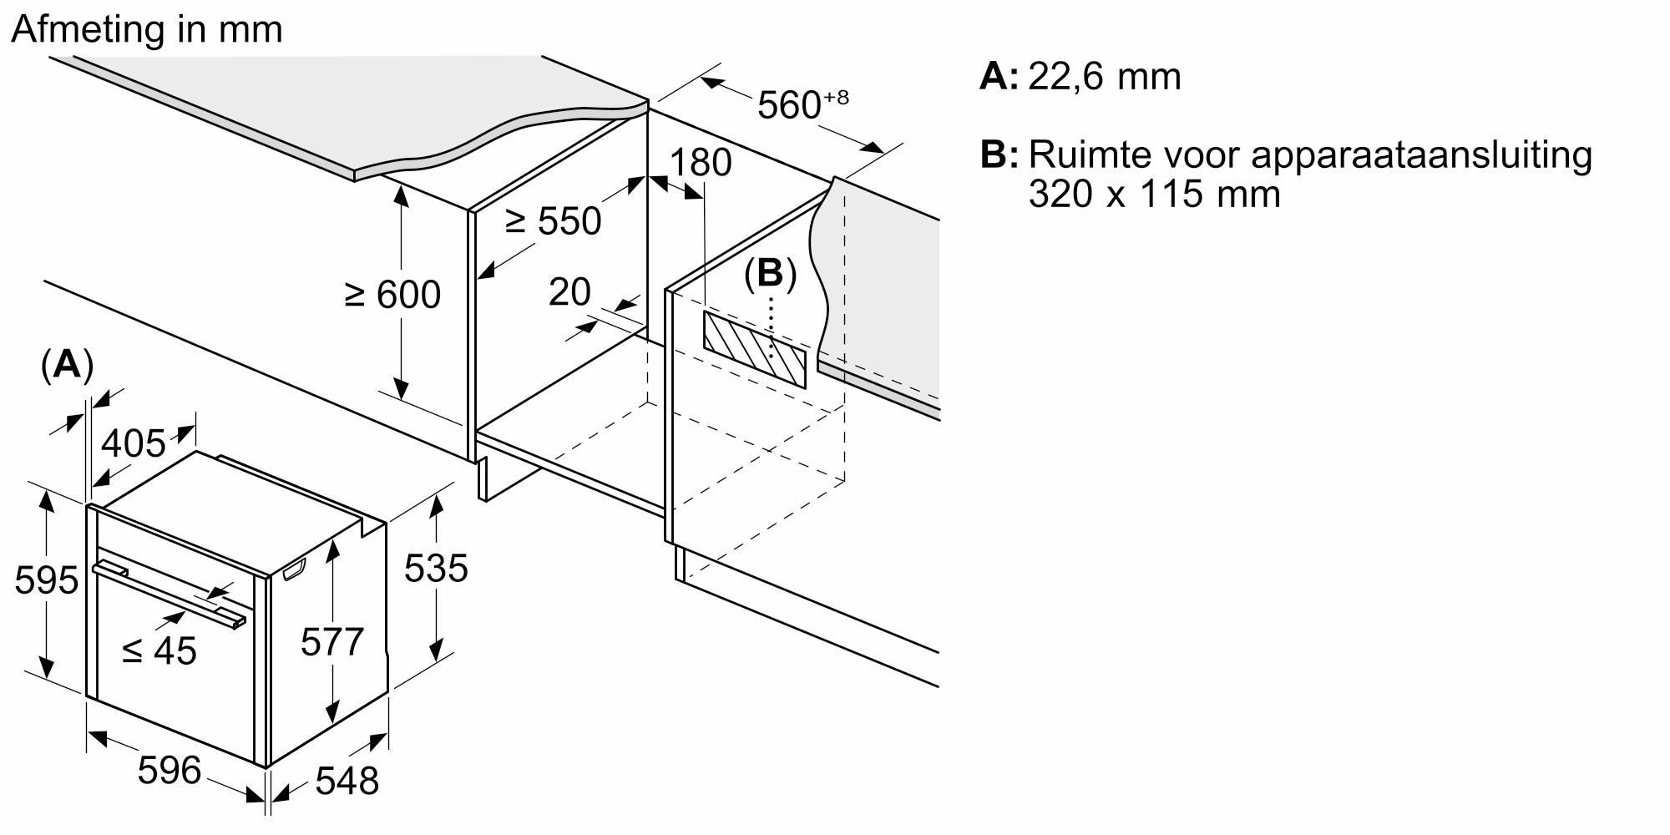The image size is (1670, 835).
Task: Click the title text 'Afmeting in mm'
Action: point(147,30)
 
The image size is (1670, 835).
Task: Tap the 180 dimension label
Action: point(701,162)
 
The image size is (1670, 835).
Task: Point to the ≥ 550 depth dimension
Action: point(553,221)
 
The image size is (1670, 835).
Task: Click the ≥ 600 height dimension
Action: point(392,295)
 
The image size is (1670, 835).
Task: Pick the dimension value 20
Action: point(569,292)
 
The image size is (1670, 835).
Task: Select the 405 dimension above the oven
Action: point(134,443)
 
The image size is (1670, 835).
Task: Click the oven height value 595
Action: point(46,580)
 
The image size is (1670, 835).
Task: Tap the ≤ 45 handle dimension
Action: point(159,650)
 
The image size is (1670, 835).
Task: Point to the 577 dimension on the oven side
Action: point(332,642)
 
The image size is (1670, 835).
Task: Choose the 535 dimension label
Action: point(436,569)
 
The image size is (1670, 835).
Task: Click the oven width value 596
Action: point(170,770)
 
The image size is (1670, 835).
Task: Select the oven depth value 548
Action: point(347,782)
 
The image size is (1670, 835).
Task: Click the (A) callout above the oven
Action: point(66,366)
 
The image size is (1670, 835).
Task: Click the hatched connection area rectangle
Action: point(755,349)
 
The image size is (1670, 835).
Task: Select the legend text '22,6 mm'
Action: point(1104,77)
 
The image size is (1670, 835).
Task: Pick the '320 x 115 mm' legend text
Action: point(1154,195)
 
